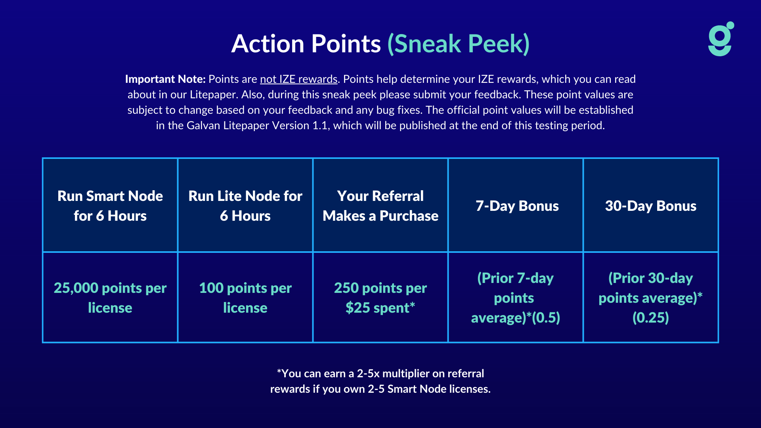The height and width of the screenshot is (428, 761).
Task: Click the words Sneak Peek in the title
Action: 459,44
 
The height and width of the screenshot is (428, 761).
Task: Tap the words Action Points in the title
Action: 306,44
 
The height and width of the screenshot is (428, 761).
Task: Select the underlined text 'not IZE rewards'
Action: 298,79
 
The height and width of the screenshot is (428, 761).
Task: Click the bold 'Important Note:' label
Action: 165,79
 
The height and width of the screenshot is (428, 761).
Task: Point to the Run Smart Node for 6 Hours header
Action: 110,206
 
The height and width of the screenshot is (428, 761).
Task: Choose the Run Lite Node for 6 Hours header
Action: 245,206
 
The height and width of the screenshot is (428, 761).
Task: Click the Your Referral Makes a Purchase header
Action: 380,206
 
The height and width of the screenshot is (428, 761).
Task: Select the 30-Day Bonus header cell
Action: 651,206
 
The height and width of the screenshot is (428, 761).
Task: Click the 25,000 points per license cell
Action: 110,298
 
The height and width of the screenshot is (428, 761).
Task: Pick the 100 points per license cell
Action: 245,298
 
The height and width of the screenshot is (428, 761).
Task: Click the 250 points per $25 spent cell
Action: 380,298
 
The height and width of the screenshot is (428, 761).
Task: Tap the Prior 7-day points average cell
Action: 515,298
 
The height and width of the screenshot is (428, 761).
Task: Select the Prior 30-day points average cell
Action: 651,298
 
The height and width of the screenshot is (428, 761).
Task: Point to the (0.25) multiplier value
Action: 651,317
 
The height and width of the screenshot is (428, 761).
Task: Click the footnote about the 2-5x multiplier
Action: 380,381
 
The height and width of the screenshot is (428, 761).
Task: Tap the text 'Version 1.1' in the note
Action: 302,126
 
